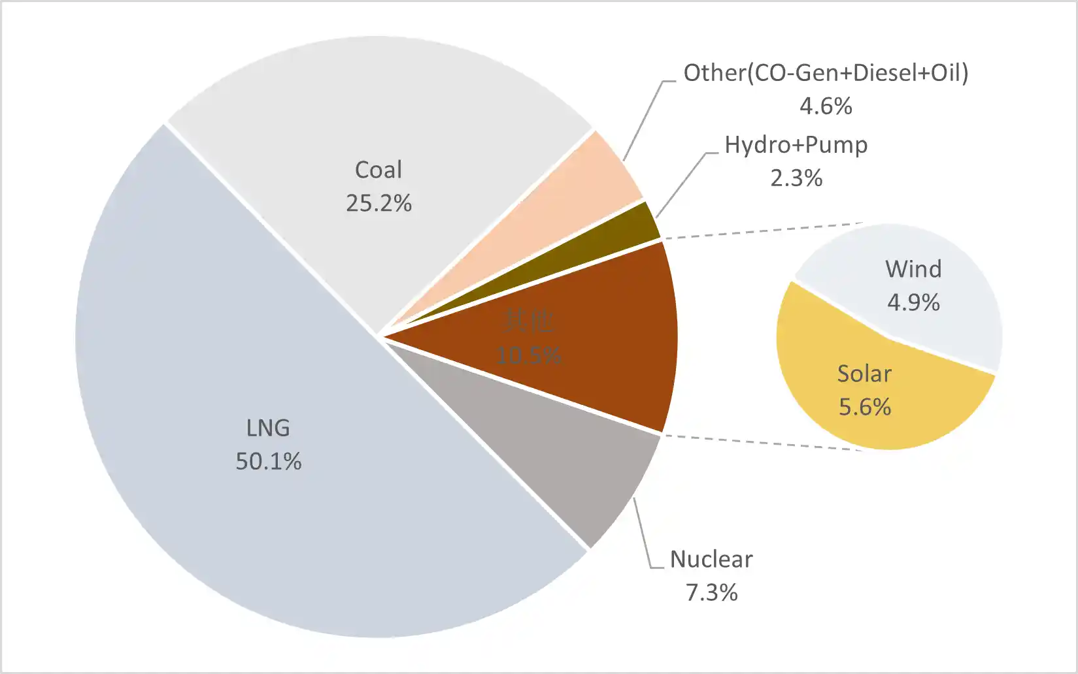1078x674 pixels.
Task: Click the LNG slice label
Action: pos(268,428)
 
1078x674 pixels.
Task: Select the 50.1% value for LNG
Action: pos(269,461)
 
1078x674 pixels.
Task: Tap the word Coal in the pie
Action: pos(379,170)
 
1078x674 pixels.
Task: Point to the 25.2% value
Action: pos(379,203)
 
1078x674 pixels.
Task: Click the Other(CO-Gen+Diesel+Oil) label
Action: pos(826,72)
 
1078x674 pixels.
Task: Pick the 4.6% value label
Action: pos(826,106)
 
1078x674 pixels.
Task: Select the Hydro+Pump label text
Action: pos(796,144)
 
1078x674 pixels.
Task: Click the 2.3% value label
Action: pos(796,178)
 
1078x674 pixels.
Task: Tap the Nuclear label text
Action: pos(711,559)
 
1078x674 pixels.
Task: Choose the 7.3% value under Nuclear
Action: pos(711,592)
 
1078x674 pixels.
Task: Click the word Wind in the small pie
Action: pos(913,269)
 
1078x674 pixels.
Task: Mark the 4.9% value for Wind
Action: pos(913,302)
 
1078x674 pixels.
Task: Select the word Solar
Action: pos(864,374)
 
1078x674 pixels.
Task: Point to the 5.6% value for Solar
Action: pos(864,407)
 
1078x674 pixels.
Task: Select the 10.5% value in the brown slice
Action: pos(529,355)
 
